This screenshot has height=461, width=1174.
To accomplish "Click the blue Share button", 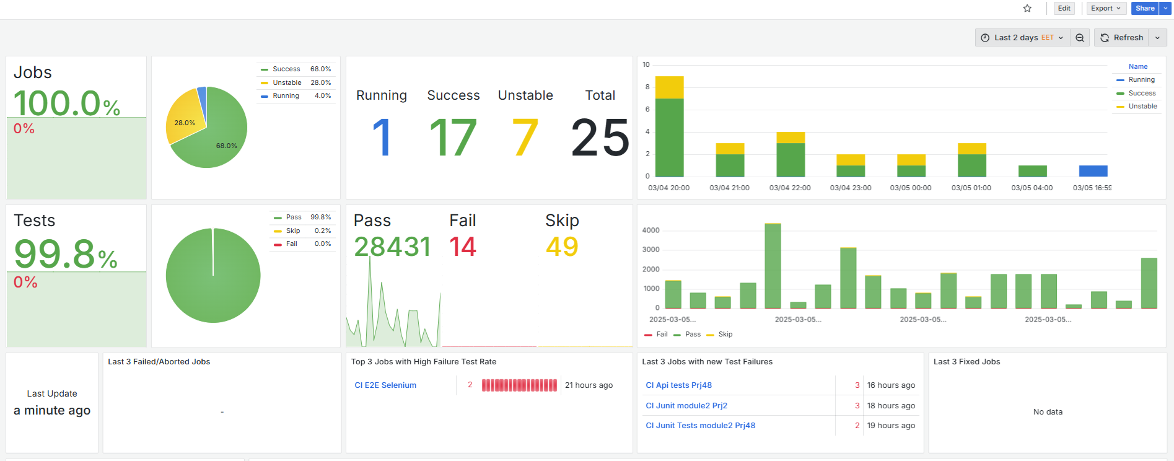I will [1144, 9].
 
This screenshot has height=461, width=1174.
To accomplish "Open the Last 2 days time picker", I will [1022, 38].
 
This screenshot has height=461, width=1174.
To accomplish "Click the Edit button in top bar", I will [1064, 9].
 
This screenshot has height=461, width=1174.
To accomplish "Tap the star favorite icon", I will [1027, 9].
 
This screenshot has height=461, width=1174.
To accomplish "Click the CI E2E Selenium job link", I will [385, 385].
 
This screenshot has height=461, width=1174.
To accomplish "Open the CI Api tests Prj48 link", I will [678, 385].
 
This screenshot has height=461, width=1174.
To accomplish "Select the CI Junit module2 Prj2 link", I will [686, 406].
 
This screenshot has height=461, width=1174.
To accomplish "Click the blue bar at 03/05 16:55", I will [1093, 171].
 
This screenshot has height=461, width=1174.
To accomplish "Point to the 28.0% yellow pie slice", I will [183, 121].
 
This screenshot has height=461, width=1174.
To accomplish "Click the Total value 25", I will [600, 138].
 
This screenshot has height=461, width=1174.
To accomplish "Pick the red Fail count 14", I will [462, 247].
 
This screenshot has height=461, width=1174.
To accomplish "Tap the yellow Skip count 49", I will [561, 247].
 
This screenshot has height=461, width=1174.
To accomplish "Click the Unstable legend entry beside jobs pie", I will [287, 82].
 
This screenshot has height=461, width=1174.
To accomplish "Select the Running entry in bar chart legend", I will [1141, 80].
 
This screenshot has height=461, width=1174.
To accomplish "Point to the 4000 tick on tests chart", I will [651, 230].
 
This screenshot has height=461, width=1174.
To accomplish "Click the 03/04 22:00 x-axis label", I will [789, 188].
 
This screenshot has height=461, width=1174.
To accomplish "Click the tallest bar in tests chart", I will [773, 266].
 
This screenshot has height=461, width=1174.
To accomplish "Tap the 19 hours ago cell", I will [890, 426].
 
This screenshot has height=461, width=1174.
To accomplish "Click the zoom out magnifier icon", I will [1080, 38].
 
